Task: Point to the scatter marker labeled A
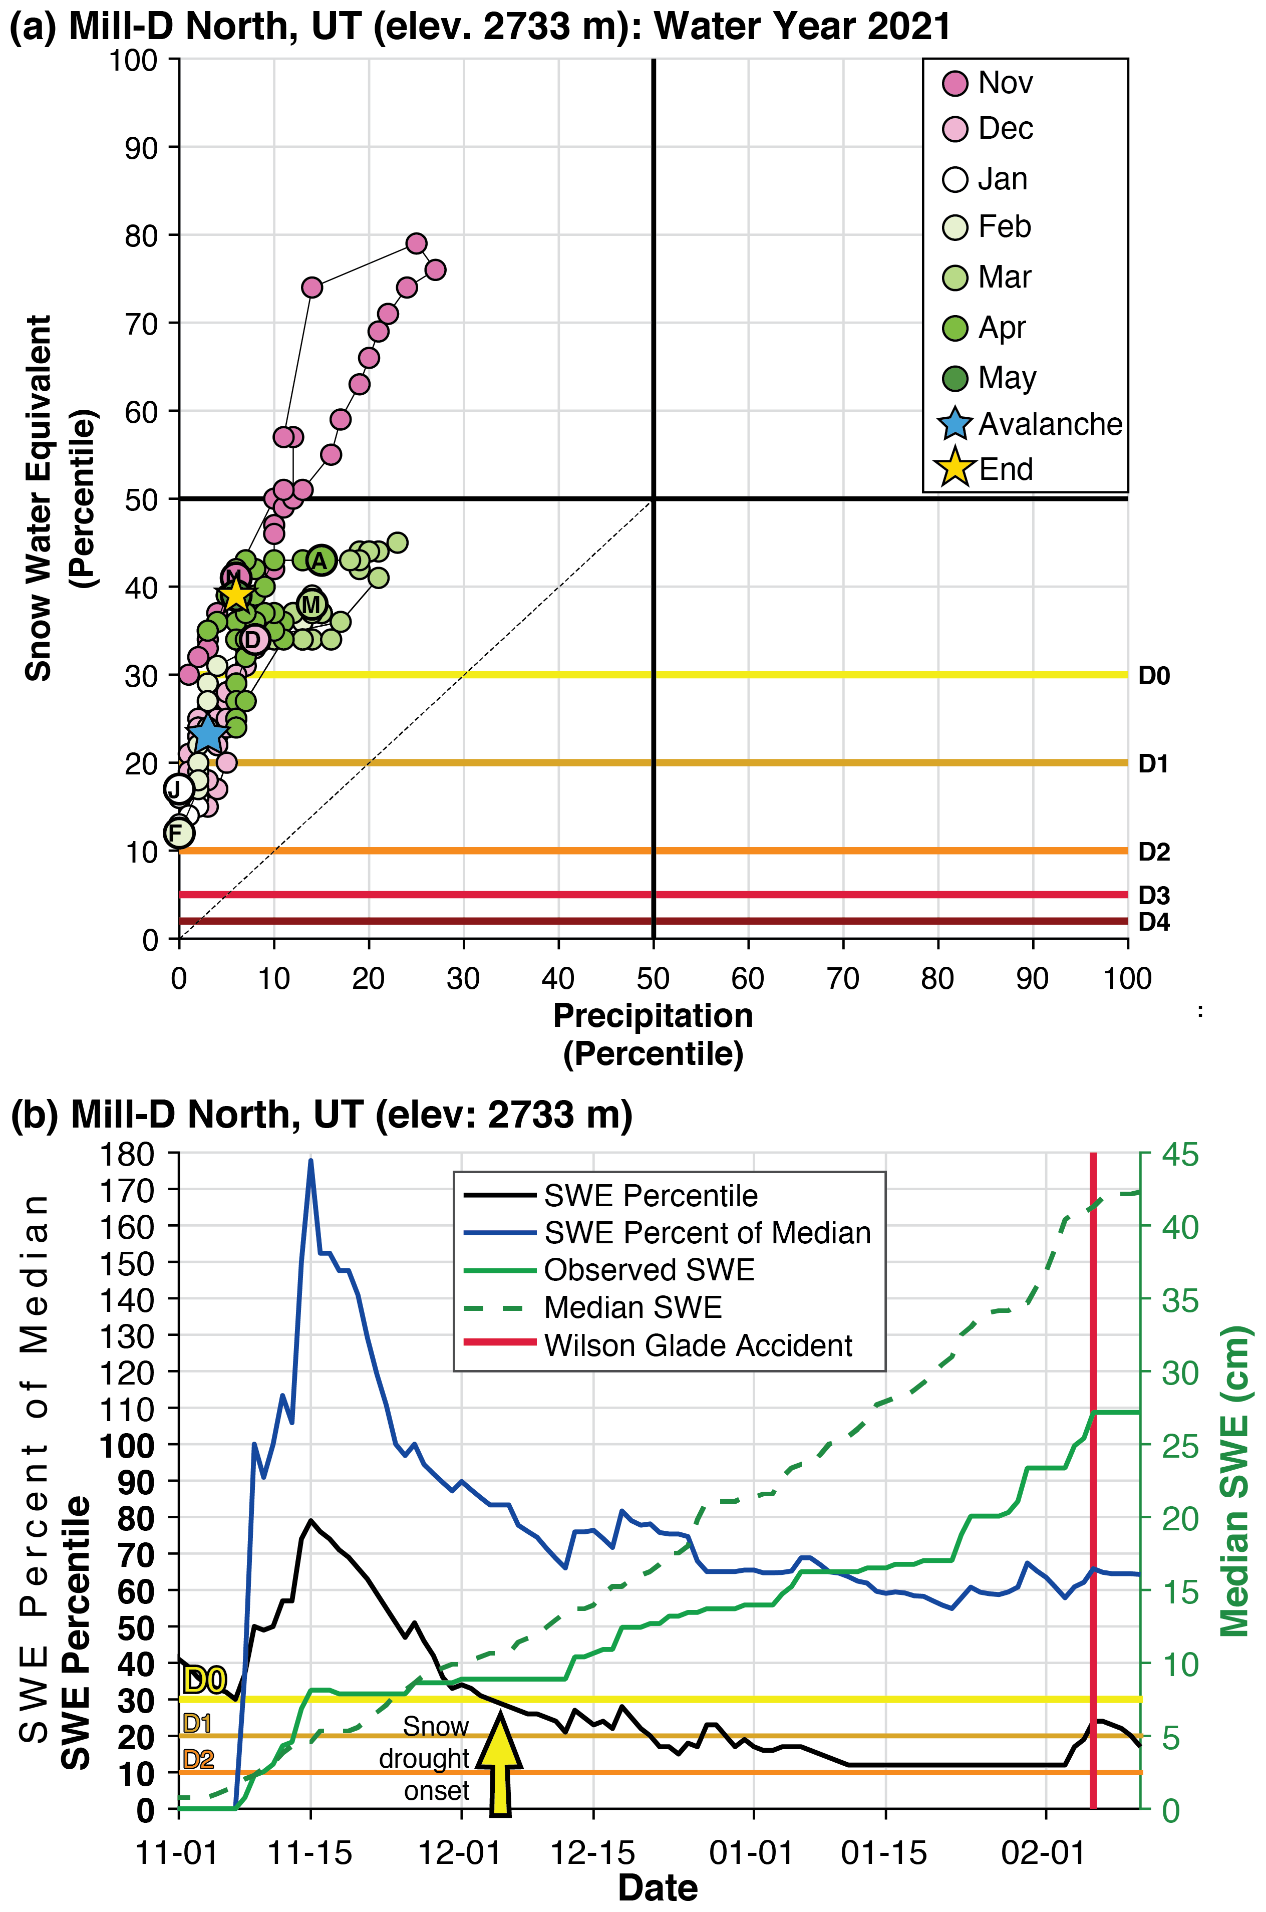click(x=321, y=561)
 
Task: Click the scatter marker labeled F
click(x=178, y=833)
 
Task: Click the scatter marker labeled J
click(x=178, y=789)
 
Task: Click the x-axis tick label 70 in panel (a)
click(x=843, y=979)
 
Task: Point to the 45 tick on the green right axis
click(x=1179, y=1155)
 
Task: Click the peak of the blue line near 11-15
click(x=311, y=1160)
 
